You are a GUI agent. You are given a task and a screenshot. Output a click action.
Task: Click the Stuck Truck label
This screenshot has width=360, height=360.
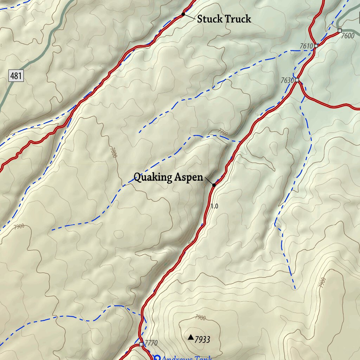224,19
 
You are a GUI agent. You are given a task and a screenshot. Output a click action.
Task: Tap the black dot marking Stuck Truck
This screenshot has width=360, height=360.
183,14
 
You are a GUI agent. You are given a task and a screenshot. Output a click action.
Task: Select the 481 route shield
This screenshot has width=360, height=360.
16,75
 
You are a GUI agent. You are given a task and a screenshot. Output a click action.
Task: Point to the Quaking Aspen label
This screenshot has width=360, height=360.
168,178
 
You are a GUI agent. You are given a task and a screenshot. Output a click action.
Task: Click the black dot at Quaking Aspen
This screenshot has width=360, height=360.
214,185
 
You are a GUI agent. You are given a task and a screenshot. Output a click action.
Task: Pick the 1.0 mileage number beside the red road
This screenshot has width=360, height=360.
214,206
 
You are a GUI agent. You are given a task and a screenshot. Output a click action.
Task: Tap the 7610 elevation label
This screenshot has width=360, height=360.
306,46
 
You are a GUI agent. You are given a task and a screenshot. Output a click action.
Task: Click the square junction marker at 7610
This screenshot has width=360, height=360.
316,46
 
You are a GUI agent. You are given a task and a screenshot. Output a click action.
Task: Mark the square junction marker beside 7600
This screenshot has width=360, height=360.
339,31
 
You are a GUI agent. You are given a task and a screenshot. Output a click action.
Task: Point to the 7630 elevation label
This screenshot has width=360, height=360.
287,81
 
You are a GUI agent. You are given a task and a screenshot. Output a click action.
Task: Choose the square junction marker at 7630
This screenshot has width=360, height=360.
297,80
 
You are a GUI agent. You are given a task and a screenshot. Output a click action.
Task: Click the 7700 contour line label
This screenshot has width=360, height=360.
223,133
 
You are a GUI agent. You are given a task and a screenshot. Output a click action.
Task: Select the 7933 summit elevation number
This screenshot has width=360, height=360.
202,340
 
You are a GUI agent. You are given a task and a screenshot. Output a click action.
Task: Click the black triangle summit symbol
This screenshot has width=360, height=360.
191,337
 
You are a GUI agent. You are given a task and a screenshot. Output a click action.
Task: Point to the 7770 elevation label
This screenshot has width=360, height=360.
151,343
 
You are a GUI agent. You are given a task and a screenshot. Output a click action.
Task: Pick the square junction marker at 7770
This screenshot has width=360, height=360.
141,344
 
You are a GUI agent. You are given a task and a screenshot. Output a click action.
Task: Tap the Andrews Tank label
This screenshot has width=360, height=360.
187,358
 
